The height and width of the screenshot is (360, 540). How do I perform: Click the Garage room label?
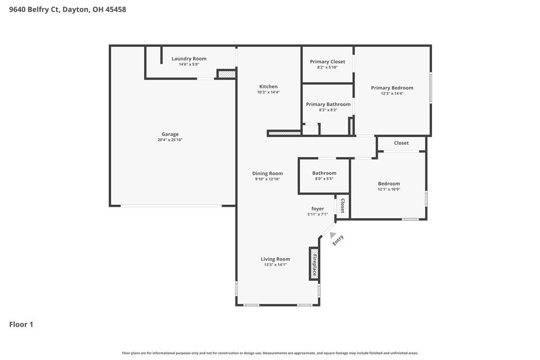pos(170,134)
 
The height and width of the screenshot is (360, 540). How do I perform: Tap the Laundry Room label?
pos(189,59)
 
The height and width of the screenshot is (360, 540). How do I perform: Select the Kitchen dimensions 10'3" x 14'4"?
pos(269,92)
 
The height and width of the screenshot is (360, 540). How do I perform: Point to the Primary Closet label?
pos(328,62)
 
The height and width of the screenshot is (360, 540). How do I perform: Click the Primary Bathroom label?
pos(328,104)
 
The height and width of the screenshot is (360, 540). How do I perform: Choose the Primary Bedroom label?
pos(392,88)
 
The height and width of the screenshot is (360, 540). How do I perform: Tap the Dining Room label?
pos(267,174)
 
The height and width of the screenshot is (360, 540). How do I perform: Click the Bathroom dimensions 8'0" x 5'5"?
pos(324,179)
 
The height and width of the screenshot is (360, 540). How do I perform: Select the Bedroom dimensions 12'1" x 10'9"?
pos(389,189)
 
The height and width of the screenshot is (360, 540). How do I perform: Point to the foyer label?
pos(318,209)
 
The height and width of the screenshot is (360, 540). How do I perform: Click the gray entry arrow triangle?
pos(332,235)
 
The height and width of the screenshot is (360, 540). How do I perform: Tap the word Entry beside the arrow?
pos(338,240)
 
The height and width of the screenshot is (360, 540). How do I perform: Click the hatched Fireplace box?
pos(314,264)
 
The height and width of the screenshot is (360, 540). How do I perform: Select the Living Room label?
pos(275,259)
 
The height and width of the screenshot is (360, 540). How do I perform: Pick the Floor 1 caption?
pos(21,325)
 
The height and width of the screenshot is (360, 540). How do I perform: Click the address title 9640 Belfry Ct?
pos(35,9)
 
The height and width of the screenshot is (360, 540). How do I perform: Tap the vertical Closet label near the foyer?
pos(343,206)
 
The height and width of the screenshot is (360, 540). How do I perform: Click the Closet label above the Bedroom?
pos(401,143)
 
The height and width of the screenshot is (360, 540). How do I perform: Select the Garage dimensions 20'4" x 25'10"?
pos(170,140)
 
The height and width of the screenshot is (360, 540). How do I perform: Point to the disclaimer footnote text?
pos(270,353)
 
